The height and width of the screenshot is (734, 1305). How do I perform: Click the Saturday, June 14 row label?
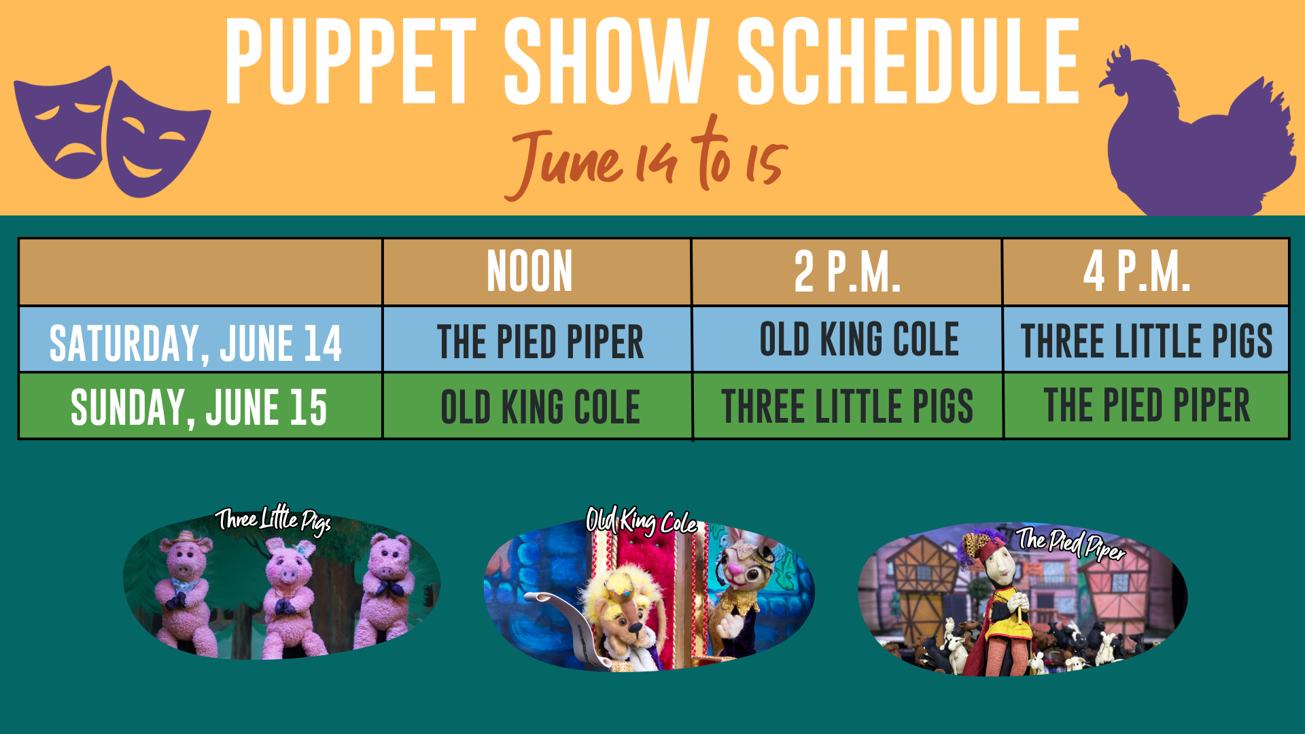pos(196,343)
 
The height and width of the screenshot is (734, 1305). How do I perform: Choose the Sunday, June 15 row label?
pos(198,408)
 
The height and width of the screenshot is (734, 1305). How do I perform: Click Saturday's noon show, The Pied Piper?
pos(540,341)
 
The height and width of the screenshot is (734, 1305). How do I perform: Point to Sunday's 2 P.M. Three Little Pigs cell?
pos(847,406)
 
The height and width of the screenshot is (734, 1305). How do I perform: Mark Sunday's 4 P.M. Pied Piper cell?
pos(1147,405)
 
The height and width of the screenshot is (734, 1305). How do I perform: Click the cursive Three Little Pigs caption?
pos(273,521)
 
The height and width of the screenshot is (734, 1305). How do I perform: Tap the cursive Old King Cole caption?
pos(642,522)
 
